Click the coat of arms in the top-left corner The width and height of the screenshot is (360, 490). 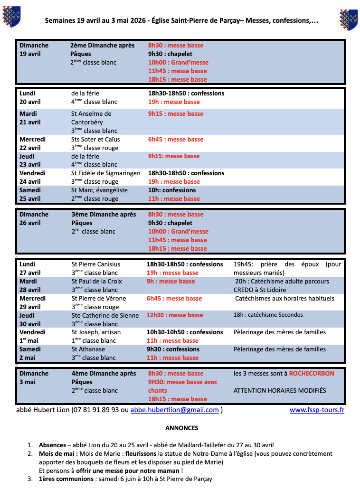[x=11, y=16]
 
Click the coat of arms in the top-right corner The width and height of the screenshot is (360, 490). [x=348, y=19]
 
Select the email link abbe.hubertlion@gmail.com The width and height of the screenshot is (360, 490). [x=175, y=410]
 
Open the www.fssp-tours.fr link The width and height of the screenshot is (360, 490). [x=317, y=410]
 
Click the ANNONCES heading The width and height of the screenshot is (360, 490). [x=182, y=428]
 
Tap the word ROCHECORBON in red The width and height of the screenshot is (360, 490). [x=312, y=374]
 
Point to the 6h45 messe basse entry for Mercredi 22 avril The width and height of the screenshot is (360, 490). [x=176, y=140]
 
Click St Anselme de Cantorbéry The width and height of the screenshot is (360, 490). [x=91, y=118]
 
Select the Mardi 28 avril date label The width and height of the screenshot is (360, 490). [x=30, y=285]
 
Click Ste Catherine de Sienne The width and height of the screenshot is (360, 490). [x=105, y=316]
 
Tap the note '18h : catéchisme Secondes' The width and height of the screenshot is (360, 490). [x=268, y=315]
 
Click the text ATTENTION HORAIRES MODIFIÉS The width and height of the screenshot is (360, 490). [x=280, y=391]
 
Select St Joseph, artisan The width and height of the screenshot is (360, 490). [x=96, y=332]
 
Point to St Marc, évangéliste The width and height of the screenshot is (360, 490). [x=99, y=190]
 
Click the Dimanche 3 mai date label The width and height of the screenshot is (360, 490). [x=34, y=377]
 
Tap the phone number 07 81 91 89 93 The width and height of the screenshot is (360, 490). [x=95, y=410]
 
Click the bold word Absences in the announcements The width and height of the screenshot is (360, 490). [x=52, y=445]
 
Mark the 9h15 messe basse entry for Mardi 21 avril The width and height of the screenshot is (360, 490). [x=176, y=114]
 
